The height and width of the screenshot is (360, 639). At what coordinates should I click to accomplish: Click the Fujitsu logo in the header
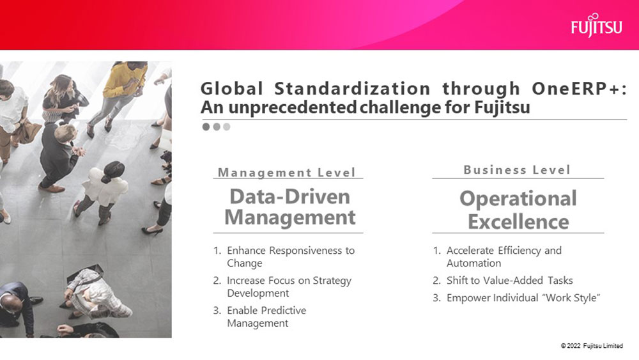[x=597, y=26]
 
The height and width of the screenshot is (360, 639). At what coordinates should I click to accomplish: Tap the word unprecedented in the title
[x=292, y=107]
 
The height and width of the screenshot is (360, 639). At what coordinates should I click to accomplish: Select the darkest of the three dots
[x=206, y=127]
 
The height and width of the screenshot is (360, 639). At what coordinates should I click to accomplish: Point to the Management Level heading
[x=287, y=173]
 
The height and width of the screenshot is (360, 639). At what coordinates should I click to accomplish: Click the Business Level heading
[x=517, y=169]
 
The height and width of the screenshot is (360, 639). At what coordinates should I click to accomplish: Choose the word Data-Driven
[x=289, y=197]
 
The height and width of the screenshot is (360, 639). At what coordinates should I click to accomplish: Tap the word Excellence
[x=518, y=222]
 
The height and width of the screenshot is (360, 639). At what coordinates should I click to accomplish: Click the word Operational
[x=518, y=200]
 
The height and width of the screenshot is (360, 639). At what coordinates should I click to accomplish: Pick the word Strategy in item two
[x=332, y=281]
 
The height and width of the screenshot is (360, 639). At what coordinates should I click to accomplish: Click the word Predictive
[x=284, y=310]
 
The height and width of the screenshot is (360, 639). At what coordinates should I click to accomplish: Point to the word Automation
[x=473, y=263]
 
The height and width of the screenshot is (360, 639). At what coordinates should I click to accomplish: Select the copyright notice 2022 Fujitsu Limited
[x=592, y=346]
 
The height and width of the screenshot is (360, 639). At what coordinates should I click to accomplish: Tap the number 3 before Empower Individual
[x=436, y=298]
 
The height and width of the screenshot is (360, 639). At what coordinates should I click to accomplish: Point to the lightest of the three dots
[x=227, y=127]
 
